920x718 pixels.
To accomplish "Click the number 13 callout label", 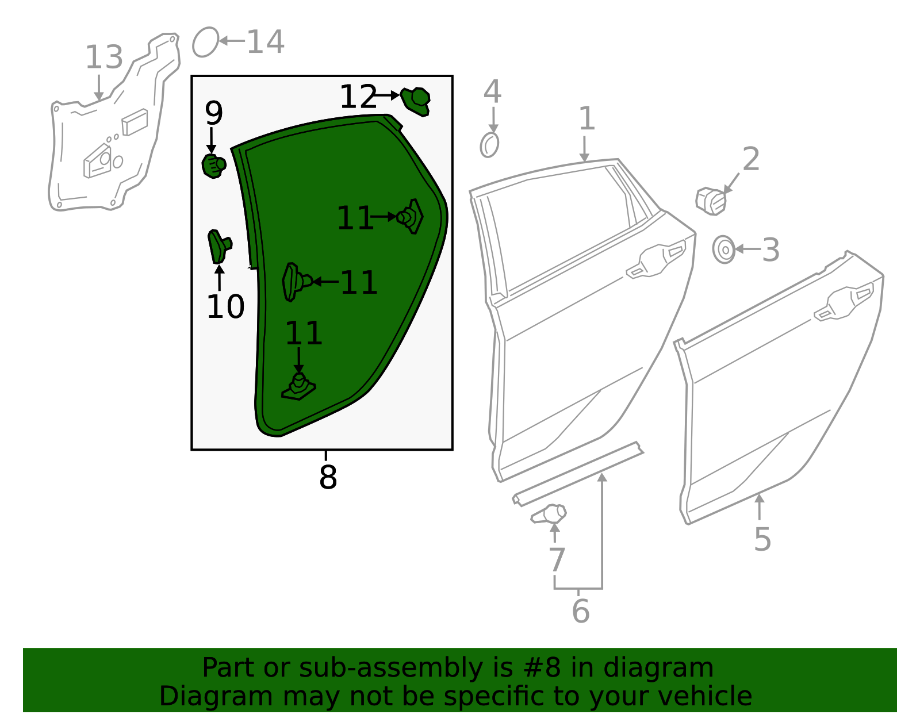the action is [x=104, y=58].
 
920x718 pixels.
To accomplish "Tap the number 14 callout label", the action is [x=265, y=42].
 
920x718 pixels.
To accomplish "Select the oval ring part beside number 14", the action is [x=205, y=42].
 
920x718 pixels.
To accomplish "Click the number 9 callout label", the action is [x=213, y=113].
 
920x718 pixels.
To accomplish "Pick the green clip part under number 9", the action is [x=213, y=166].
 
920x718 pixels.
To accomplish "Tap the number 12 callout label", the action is [x=358, y=97].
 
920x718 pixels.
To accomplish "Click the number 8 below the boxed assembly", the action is [x=328, y=477].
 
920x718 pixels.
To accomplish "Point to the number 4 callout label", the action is [x=492, y=92].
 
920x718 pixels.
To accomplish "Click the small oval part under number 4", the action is [x=489, y=145].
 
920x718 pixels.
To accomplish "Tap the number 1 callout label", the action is [x=586, y=119].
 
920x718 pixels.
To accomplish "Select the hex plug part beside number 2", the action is [x=711, y=201].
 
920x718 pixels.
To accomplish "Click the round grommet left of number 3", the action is [x=724, y=249].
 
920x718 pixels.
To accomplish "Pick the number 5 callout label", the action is [x=762, y=539].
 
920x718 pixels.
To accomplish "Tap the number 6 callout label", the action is [x=580, y=611].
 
